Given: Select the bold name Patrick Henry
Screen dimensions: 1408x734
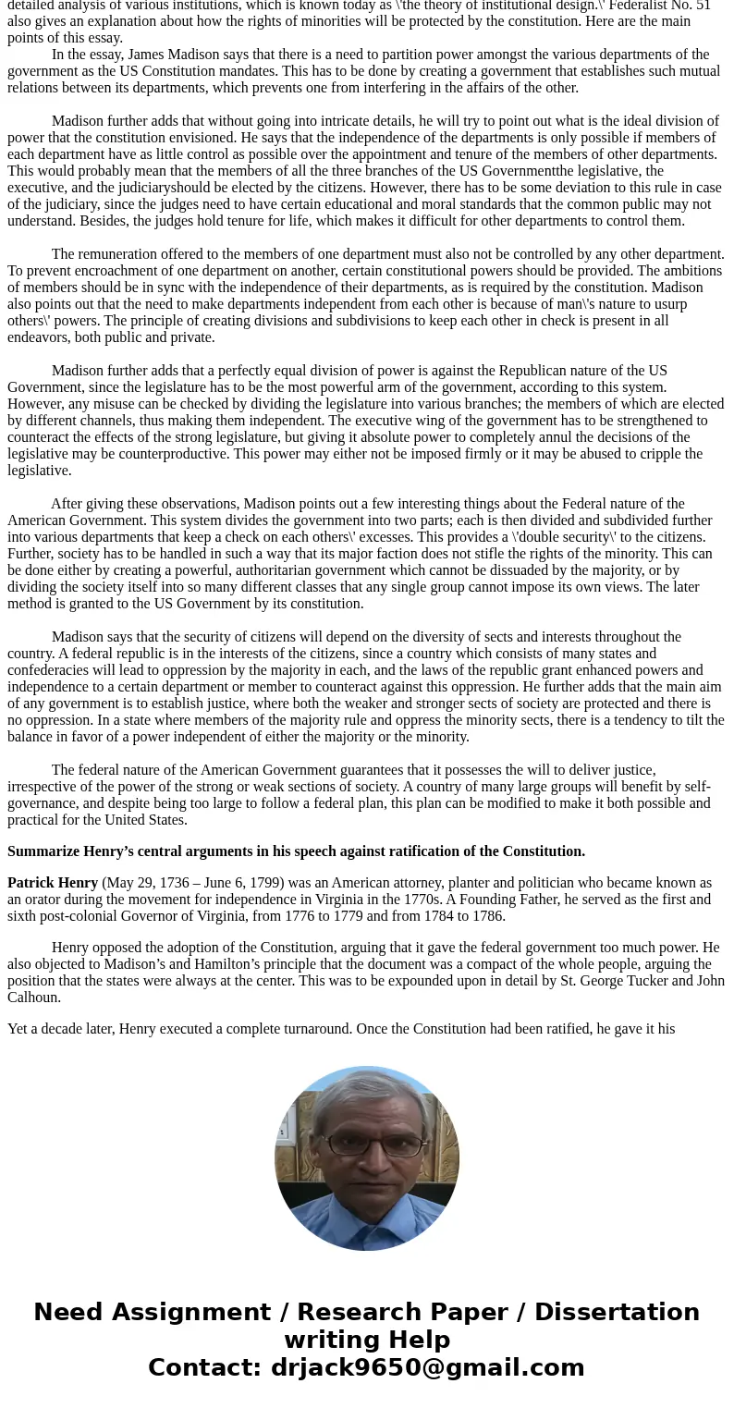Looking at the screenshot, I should tap(53, 883).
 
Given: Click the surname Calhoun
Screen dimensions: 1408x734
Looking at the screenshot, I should tap(34, 998).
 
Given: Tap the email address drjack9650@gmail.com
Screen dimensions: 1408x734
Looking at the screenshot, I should tap(427, 1368).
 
